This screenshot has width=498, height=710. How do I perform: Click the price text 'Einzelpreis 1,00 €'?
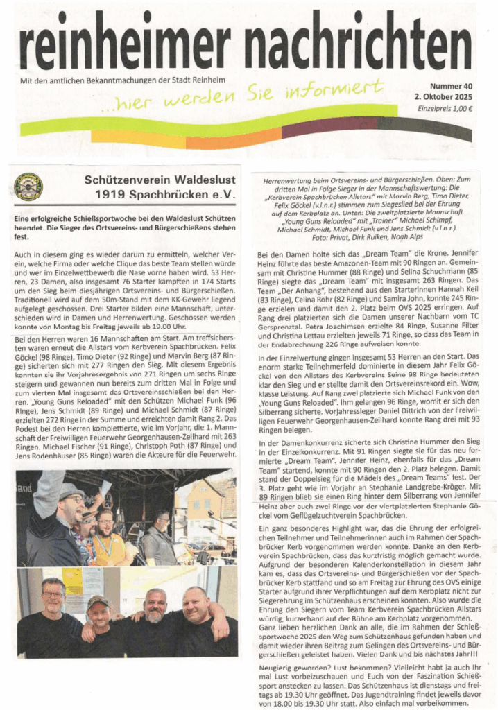tap(445, 109)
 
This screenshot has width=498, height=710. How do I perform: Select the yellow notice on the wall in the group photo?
tap(74, 581)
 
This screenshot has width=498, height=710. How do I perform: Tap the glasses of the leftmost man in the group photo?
tap(52, 594)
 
